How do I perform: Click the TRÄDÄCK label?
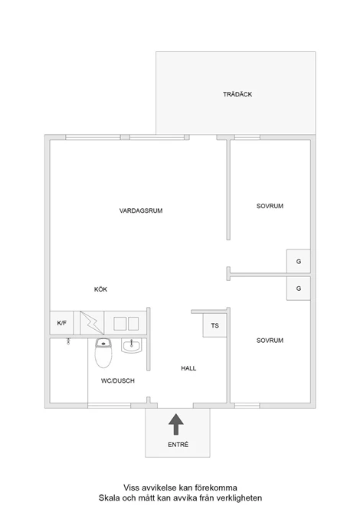[x=237, y=94]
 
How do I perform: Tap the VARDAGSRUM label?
[x=141, y=210]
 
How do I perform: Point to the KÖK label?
[x=100, y=289]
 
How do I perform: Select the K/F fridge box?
[x=62, y=323]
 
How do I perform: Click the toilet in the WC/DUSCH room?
[x=103, y=353]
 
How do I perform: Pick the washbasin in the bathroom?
[x=132, y=345]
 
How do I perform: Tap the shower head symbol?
[x=68, y=341]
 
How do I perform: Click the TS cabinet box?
[x=214, y=325]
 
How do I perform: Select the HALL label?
[x=188, y=368]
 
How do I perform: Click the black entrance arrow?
[x=176, y=424]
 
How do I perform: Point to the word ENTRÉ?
[x=178, y=445]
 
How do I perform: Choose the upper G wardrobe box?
[x=299, y=261]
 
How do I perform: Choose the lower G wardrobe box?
[x=299, y=289]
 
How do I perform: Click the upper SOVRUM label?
[x=270, y=206]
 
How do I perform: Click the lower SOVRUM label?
[x=270, y=341]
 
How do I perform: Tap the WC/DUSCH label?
[x=118, y=380]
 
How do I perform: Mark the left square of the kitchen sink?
[x=119, y=324]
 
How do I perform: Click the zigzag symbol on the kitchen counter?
[x=92, y=323]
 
